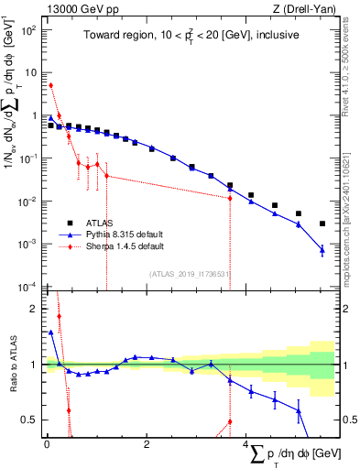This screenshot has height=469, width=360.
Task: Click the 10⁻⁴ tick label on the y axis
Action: pyautogui.click(x=28, y=287)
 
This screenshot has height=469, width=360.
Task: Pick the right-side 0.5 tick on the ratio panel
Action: pyautogui.click(x=347, y=420)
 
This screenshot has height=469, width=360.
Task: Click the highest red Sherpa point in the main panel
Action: pyautogui.click(x=51, y=85)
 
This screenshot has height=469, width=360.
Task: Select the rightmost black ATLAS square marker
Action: pyautogui.click(x=322, y=224)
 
